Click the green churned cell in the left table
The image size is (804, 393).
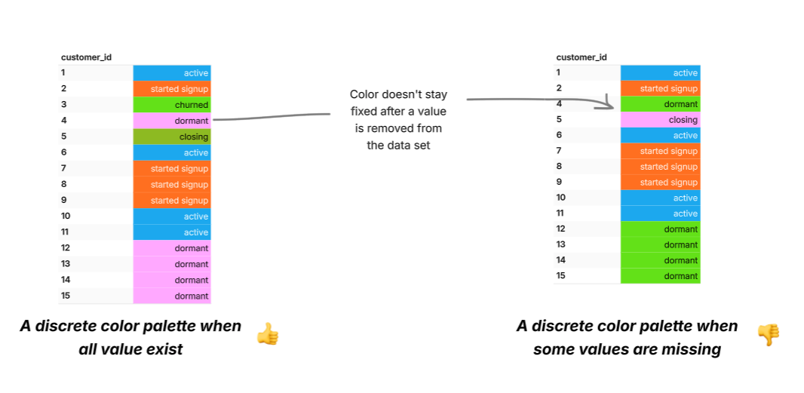coord(172,105)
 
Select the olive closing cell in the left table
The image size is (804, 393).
coord(172,137)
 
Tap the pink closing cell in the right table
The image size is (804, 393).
coord(661,120)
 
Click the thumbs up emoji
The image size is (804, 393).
coord(267,333)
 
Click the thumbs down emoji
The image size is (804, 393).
coord(768,334)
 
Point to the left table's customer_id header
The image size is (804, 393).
coord(86,57)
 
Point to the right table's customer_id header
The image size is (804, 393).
coord(581,57)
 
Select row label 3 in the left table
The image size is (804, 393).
coord(64,105)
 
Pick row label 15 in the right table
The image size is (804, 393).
coord(561,276)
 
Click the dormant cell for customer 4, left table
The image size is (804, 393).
coord(172,121)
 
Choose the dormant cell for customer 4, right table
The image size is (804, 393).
coord(661,104)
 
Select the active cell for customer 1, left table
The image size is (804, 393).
coord(172,73)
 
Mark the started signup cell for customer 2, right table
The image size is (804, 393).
coord(661,89)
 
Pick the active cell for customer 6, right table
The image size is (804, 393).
coord(661,136)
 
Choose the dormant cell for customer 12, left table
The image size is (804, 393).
coord(172,248)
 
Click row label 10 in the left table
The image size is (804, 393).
coord(66,216)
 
